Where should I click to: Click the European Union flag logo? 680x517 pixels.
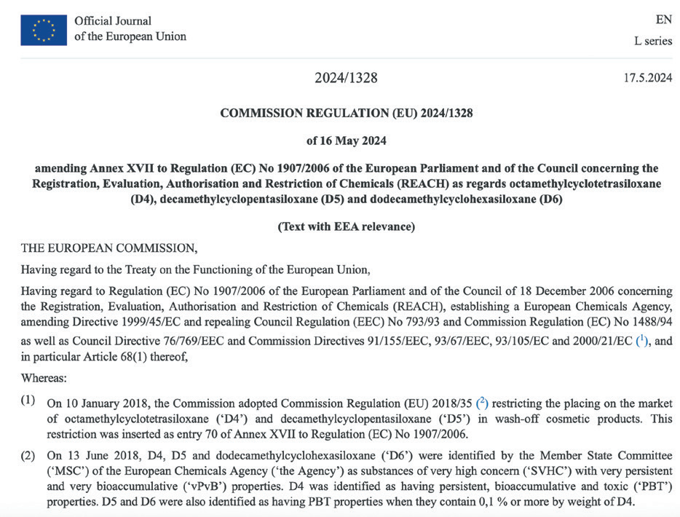[x=44, y=30]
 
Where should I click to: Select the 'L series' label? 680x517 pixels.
[x=653, y=41]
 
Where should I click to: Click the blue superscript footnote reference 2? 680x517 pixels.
[x=481, y=403]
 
